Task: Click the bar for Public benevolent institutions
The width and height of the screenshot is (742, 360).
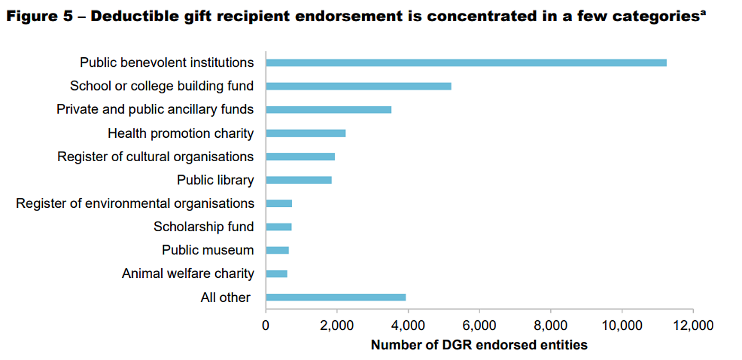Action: (x=466, y=63)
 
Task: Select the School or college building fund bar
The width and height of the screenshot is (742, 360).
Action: (x=358, y=86)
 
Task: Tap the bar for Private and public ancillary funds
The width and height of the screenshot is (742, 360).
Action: (x=329, y=110)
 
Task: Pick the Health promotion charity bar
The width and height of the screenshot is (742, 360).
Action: (x=306, y=133)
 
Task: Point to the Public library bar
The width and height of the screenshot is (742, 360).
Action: (x=298, y=180)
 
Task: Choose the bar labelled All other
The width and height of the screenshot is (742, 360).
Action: (x=335, y=297)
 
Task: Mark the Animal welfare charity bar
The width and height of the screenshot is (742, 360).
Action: (x=277, y=274)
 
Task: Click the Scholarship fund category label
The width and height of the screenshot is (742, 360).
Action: (x=204, y=227)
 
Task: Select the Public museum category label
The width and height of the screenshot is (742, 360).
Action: (x=208, y=250)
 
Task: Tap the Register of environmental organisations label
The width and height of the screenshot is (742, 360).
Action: (x=135, y=204)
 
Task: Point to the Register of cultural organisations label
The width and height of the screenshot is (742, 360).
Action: (x=155, y=157)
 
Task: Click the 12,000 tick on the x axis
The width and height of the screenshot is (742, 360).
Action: (x=692, y=325)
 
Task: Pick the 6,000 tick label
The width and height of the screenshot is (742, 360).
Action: (x=479, y=325)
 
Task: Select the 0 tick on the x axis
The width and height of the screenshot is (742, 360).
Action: (x=266, y=325)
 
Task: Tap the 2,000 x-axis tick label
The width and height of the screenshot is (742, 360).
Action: (x=337, y=325)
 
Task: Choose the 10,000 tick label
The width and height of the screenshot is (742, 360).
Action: (x=621, y=325)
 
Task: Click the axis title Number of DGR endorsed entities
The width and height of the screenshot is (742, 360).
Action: (x=479, y=345)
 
